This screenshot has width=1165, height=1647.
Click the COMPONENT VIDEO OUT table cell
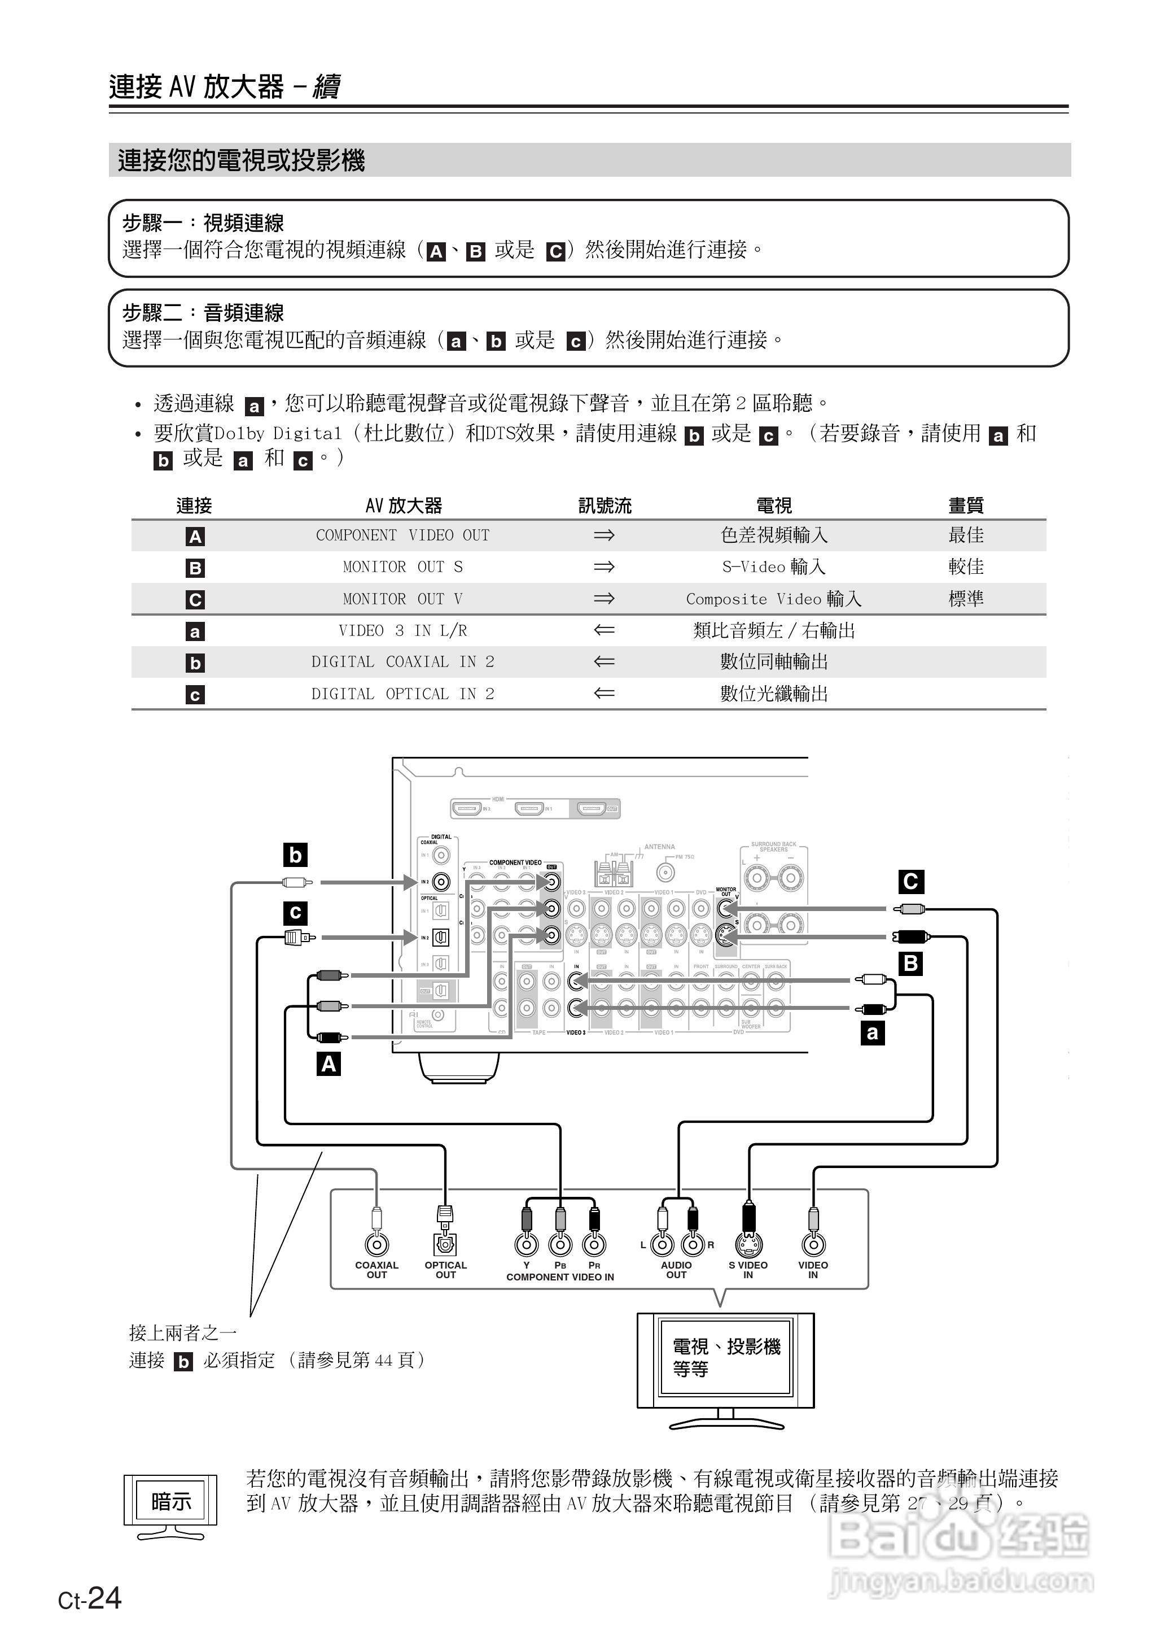pyautogui.click(x=402, y=535)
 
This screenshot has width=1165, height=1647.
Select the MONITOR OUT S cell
pyautogui.click(x=402, y=567)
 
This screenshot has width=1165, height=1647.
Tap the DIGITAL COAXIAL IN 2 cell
pyautogui.click(x=402, y=661)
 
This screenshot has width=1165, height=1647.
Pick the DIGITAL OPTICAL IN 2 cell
pyautogui.click(x=402, y=694)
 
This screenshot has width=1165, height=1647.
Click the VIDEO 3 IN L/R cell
pyautogui.click(x=402, y=631)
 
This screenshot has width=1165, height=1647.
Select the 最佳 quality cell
pyautogui.click(x=966, y=535)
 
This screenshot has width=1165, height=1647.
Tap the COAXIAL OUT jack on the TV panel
pyautogui.click(x=376, y=1244)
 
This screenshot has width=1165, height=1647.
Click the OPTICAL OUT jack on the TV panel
pyautogui.click(x=445, y=1244)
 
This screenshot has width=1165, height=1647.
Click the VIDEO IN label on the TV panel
pyautogui.click(x=813, y=1270)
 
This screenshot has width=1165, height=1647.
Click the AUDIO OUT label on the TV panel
pyautogui.click(x=676, y=1270)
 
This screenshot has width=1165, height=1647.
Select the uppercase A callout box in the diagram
pyautogui.click(x=329, y=1064)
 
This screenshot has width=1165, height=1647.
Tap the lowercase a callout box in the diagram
pyautogui.click(x=872, y=1034)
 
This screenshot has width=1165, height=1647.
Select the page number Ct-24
pyautogui.click(x=90, y=1600)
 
